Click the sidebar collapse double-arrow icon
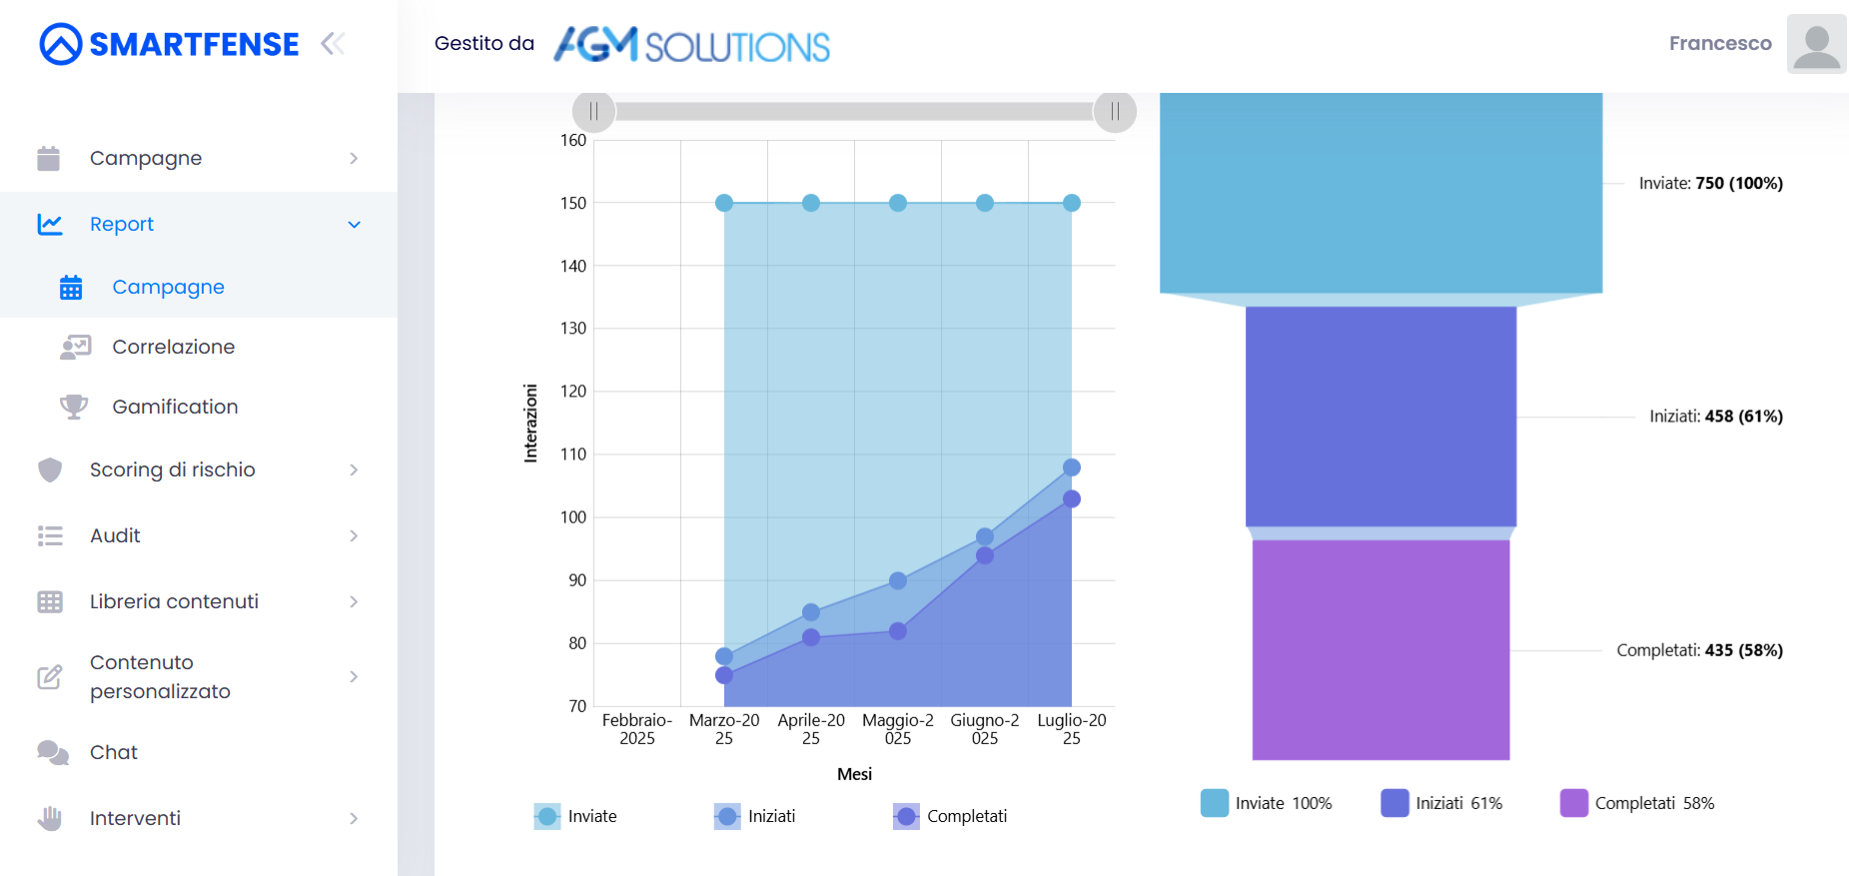(x=333, y=44)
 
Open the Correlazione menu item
(x=173, y=347)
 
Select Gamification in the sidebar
(x=175, y=407)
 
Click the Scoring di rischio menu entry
(x=172, y=469)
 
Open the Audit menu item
(x=115, y=535)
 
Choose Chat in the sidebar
(x=113, y=752)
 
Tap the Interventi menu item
(x=135, y=818)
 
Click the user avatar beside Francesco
(x=1816, y=44)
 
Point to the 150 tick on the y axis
(x=573, y=203)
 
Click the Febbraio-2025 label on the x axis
(x=637, y=729)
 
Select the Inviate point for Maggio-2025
(x=898, y=203)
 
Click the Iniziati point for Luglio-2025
(x=1072, y=467)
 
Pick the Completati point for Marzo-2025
(x=724, y=675)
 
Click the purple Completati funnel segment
(x=1381, y=649)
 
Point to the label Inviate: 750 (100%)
(x=1710, y=183)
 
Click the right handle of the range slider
(x=1115, y=111)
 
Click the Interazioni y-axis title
(x=530, y=423)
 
